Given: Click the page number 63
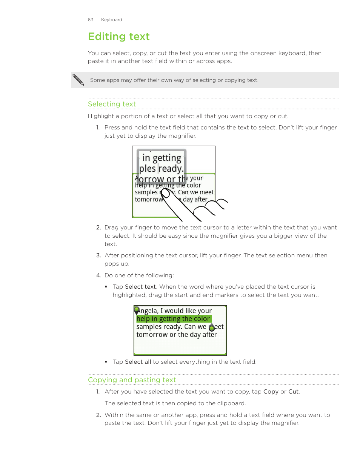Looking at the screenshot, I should pos(91,20).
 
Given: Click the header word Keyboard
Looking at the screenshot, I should pos(111,20).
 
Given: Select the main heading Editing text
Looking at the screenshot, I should pos(119,37).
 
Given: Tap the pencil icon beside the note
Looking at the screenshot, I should pos(78,80).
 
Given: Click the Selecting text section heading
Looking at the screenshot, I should pos(112,104).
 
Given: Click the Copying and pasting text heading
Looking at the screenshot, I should pos(132,380).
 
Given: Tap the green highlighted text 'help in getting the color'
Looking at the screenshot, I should pos(173,319).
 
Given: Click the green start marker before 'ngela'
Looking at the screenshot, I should pos(137,310).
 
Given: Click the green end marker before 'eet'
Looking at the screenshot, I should pos(212,327).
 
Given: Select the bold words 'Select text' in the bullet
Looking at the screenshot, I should pos(140,287).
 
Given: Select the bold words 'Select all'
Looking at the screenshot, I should pos(138,362).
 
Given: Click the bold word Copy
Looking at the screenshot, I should pos(271,392).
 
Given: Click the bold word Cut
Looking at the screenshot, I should pos(293,392).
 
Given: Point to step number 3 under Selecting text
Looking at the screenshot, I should pos(98,255).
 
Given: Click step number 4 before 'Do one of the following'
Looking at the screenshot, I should pos(98,275).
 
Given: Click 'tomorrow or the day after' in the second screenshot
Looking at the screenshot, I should pos(176,335).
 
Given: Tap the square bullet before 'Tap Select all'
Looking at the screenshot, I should pos(106,362).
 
